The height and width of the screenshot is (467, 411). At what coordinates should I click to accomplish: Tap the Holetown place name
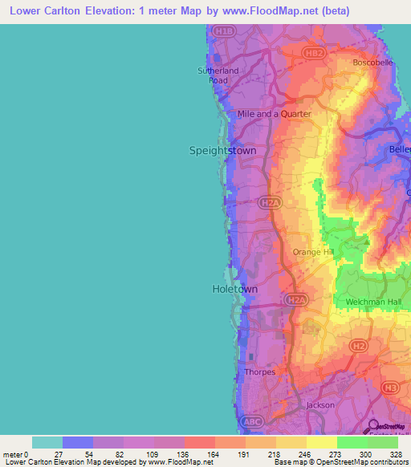click(235, 288)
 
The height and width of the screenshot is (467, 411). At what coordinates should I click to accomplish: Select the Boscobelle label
click(373, 63)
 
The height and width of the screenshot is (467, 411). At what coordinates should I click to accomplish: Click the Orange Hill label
click(312, 252)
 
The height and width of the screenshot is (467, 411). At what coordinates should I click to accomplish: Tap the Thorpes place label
click(259, 372)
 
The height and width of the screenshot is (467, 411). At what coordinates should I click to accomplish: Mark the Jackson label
click(319, 405)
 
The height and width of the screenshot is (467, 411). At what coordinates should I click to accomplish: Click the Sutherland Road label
click(218, 75)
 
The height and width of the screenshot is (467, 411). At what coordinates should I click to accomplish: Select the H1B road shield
click(225, 32)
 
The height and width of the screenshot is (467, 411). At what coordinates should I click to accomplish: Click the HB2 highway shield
click(315, 53)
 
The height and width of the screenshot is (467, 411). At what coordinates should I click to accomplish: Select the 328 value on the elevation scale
click(397, 453)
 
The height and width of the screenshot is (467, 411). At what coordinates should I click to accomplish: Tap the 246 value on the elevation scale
click(305, 453)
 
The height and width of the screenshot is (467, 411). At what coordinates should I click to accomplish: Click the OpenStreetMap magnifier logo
click(372, 426)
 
